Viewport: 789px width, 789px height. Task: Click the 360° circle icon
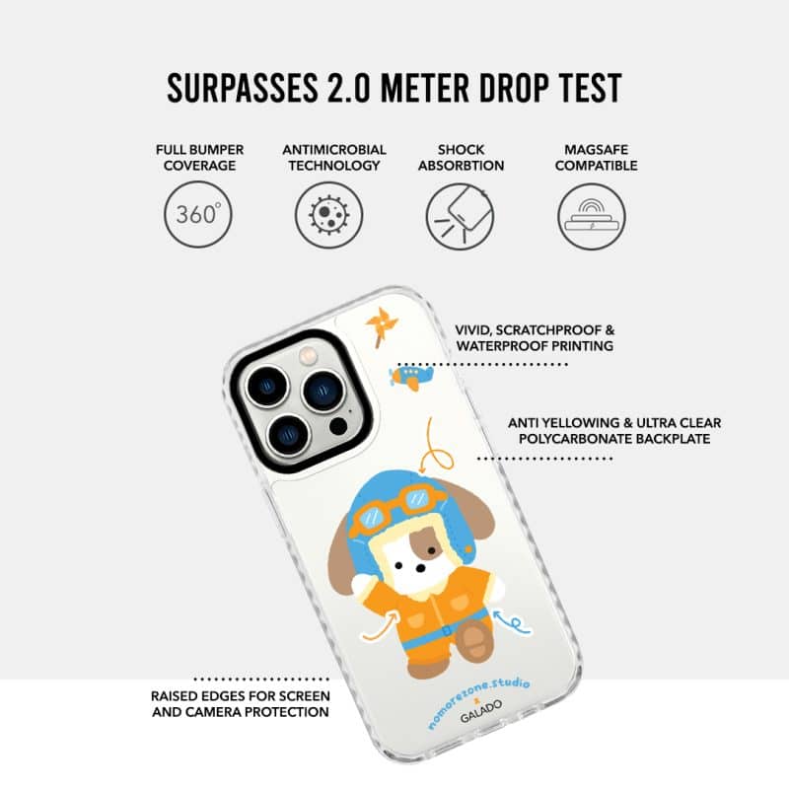click(x=198, y=214)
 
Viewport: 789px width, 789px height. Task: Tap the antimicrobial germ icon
click(x=328, y=214)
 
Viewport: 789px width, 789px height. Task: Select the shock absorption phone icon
click(x=460, y=215)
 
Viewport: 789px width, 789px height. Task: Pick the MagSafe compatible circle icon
click(x=591, y=216)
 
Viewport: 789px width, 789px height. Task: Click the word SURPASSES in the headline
click(x=243, y=88)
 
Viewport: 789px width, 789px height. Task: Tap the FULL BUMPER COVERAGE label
click(x=200, y=158)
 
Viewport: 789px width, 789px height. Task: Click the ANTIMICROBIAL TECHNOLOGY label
click(x=334, y=158)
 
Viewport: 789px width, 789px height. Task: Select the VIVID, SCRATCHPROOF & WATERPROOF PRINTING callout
click(x=535, y=338)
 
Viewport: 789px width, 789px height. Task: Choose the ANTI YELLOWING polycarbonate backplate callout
click(x=614, y=431)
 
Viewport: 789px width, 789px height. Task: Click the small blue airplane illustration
click(x=411, y=377)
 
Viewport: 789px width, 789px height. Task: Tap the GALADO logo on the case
click(x=480, y=710)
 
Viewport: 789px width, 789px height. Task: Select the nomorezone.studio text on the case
click(x=478, y=703)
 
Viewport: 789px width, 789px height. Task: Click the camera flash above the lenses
click(x=308, y=356)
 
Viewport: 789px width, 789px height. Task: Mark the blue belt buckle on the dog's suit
click(x=447, y=631)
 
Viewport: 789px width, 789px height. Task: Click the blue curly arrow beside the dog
click(x=512, y=622)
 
